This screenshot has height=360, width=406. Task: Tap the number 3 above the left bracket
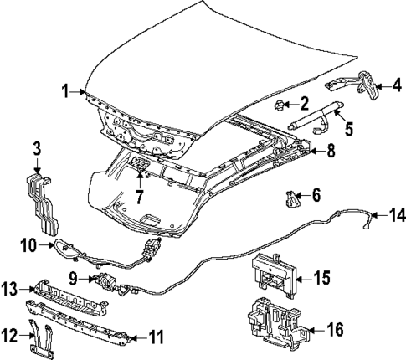tap(37, 149)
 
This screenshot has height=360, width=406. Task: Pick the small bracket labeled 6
tap(290, 198)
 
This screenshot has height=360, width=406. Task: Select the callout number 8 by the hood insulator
tap(331, 152)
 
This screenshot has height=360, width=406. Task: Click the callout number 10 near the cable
tap(27, 245)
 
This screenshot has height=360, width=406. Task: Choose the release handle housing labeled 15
tap(274, 275)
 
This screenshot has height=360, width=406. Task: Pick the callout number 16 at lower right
tap(334, 329)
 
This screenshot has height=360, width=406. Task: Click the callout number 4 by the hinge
tap(397, 85)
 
